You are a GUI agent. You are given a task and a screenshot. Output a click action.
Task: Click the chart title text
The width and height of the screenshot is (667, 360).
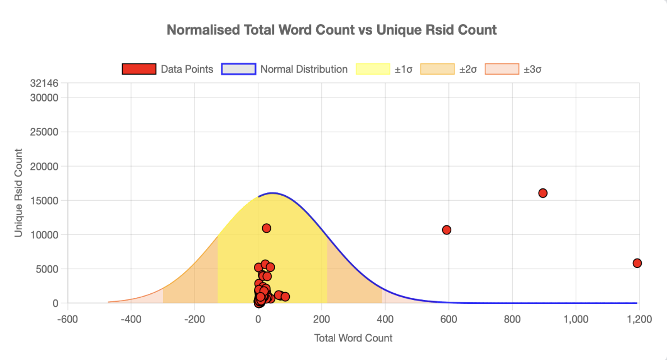tap(332, 30)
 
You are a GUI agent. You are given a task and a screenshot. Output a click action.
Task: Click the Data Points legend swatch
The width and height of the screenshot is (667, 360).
tap(138, 69)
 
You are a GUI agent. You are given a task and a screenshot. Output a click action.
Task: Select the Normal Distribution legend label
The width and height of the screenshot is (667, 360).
tap(304, 69)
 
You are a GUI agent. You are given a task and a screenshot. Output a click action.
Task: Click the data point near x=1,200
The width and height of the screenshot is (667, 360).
tap(637, 263)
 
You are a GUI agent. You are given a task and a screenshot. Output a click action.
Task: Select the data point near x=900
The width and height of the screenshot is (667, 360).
tap(543, 193)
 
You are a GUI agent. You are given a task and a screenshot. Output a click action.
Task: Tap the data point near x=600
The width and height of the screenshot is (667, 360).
tap(447, 230)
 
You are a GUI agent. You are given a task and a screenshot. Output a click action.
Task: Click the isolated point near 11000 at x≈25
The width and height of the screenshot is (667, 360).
tap(266, 228)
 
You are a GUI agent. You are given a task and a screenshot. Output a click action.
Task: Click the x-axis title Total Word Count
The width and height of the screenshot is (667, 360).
tap(353, 338)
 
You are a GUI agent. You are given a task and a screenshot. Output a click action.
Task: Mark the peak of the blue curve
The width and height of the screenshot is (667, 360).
tap(272, 193)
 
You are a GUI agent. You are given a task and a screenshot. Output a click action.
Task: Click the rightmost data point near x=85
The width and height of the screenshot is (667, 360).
tap(285, 296)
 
